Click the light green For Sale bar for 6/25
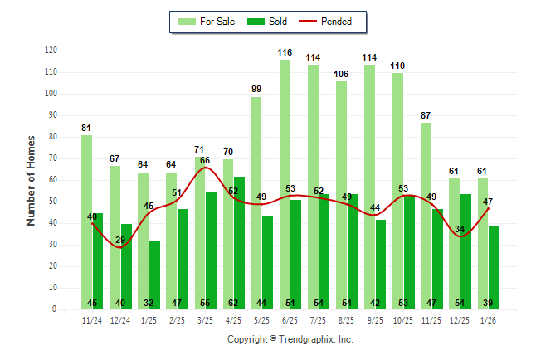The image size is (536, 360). coord(285,182)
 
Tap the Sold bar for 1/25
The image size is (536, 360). coord(154,274)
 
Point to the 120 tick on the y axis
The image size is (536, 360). coord(51,51)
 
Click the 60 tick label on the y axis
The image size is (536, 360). coord(52,180)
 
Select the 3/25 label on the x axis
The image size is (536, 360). coord(205,319)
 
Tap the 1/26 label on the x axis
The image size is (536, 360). coord(488,319)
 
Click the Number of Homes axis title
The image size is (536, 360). coord(32,180)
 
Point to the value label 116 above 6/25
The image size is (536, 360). coord(285,52)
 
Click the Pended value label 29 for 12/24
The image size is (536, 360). coord(120,240)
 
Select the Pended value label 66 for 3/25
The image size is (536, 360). coord(205,160)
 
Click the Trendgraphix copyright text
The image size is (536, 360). coord(290,339)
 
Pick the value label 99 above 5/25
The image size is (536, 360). coord(256,89)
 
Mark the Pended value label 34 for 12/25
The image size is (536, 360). coord(460,229)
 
